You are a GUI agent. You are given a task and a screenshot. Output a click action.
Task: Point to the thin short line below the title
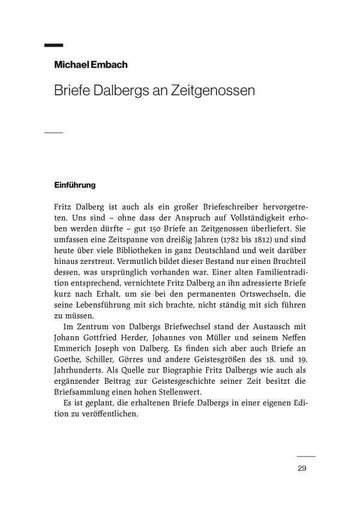click(54, 132)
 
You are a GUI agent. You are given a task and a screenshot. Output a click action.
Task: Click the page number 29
click(302, 468)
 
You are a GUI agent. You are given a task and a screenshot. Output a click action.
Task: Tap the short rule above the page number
click(306, 456)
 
